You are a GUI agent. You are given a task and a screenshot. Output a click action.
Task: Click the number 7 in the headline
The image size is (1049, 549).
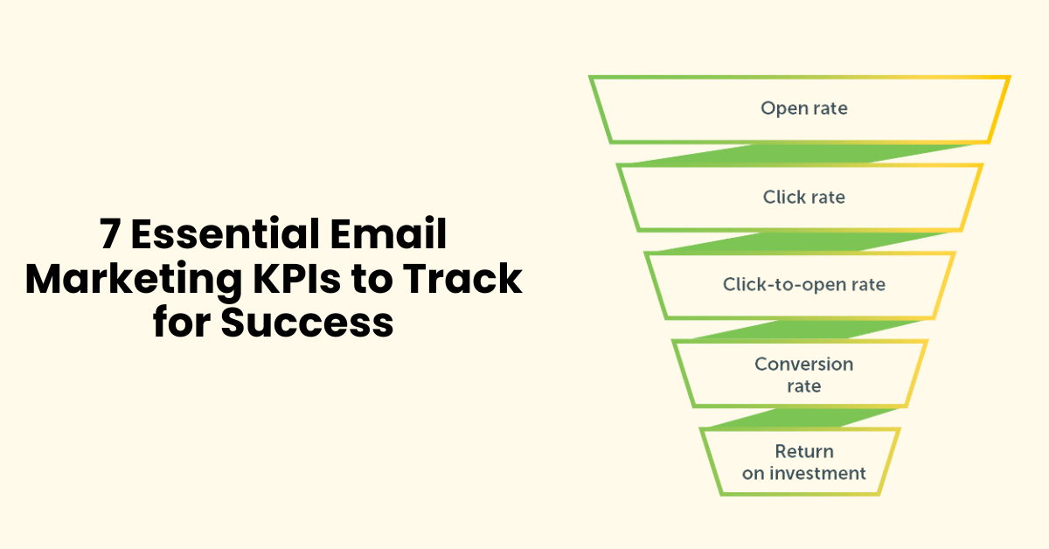tap(108, 236)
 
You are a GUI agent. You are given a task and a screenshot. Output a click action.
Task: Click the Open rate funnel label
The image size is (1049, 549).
tap(804, 108)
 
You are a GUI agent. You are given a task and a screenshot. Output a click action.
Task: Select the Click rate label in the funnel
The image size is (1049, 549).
tap(804, 197)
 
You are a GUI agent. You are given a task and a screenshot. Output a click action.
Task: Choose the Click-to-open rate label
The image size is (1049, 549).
tap(804, 284)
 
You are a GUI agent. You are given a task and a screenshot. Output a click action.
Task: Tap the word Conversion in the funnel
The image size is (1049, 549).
tap(804, 364)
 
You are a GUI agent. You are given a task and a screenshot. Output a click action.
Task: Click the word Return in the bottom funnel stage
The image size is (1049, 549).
tap(804, 451)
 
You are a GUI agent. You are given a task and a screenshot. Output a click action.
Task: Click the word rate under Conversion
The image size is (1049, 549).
tap(804, 386)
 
